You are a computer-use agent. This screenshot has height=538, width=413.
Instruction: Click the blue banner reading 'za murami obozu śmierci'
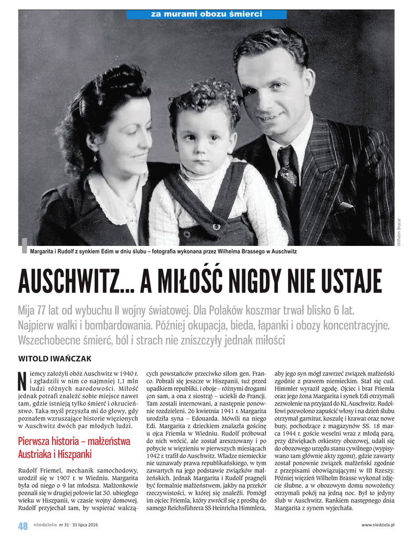point(206,14)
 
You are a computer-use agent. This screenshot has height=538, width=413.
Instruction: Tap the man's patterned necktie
point(288,168)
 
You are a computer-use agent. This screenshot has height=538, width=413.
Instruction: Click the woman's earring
point(95,158)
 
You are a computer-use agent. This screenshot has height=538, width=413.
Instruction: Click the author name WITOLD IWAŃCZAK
point(55,358)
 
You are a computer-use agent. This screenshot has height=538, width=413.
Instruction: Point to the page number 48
point(23,525)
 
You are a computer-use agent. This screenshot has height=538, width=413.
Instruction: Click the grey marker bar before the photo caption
point(23,246)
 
